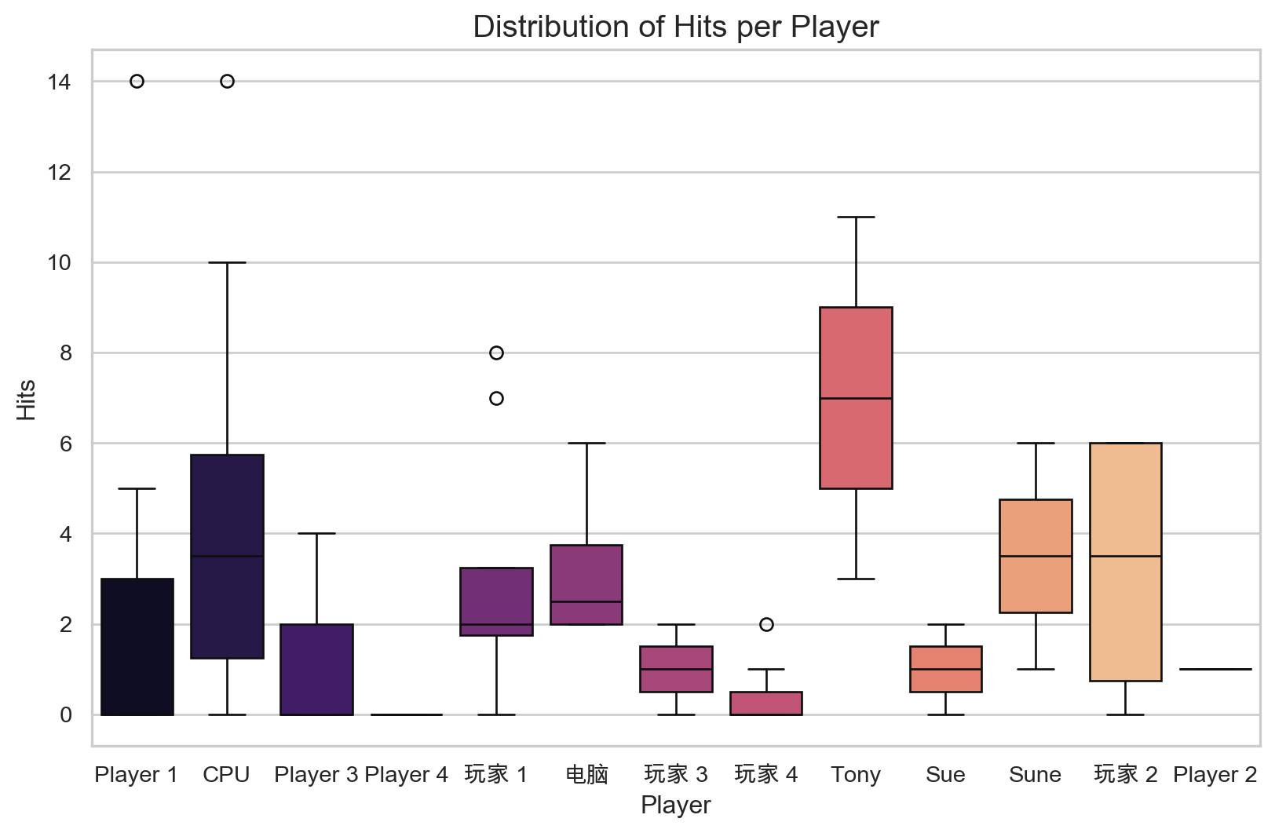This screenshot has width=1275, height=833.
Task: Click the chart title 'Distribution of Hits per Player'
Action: coord(675,27)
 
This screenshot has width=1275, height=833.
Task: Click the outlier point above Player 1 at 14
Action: coord(137,82)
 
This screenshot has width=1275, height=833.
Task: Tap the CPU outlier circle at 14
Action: coord(227,82)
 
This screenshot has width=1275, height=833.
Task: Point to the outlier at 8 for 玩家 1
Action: coord(496,353)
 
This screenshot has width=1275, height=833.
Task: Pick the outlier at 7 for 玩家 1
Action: coord(496,399)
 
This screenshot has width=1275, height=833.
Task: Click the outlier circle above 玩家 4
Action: coord(766,625)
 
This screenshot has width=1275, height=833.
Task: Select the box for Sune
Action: coord(1036,581)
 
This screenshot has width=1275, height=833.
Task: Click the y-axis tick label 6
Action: coord(65,444)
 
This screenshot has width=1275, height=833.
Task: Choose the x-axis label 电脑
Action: coord(586,775)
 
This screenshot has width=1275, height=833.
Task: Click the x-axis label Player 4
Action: coord(406,775)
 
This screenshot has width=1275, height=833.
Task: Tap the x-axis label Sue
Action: coord(945,775)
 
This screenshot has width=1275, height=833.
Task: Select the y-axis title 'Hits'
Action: coord(27,400)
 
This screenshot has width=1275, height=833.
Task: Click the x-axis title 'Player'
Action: coord(675,806)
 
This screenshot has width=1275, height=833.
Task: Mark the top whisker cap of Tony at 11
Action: coord(856,217)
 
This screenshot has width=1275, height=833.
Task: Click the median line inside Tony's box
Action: coord(856,399)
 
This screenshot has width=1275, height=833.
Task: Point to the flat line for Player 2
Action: coord(1215,670)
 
